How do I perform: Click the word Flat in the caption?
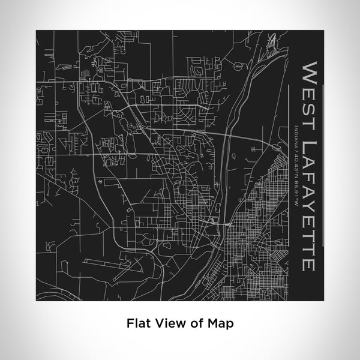click(x=137, y=323)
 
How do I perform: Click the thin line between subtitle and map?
click(x=289, y=180)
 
